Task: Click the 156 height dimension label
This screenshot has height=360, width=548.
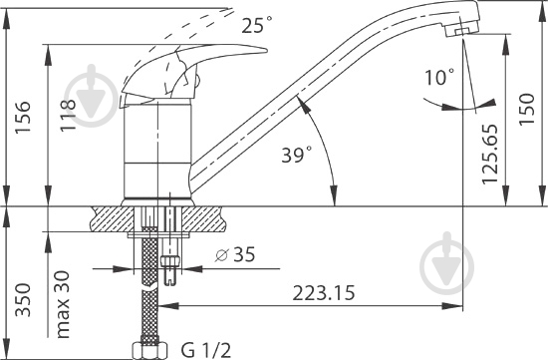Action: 23,117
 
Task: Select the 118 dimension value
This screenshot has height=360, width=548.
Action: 68,116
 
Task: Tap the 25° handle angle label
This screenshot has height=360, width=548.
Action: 256,25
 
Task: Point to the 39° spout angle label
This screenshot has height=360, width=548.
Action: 297,155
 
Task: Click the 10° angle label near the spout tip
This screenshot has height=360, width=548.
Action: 439,77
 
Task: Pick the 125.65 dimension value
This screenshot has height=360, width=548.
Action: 489,154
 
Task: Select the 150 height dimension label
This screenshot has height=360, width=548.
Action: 527,108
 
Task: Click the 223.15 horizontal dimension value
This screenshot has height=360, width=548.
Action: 323,293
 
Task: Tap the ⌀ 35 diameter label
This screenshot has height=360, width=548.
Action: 235,254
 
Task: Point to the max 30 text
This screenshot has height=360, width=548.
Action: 63,304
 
